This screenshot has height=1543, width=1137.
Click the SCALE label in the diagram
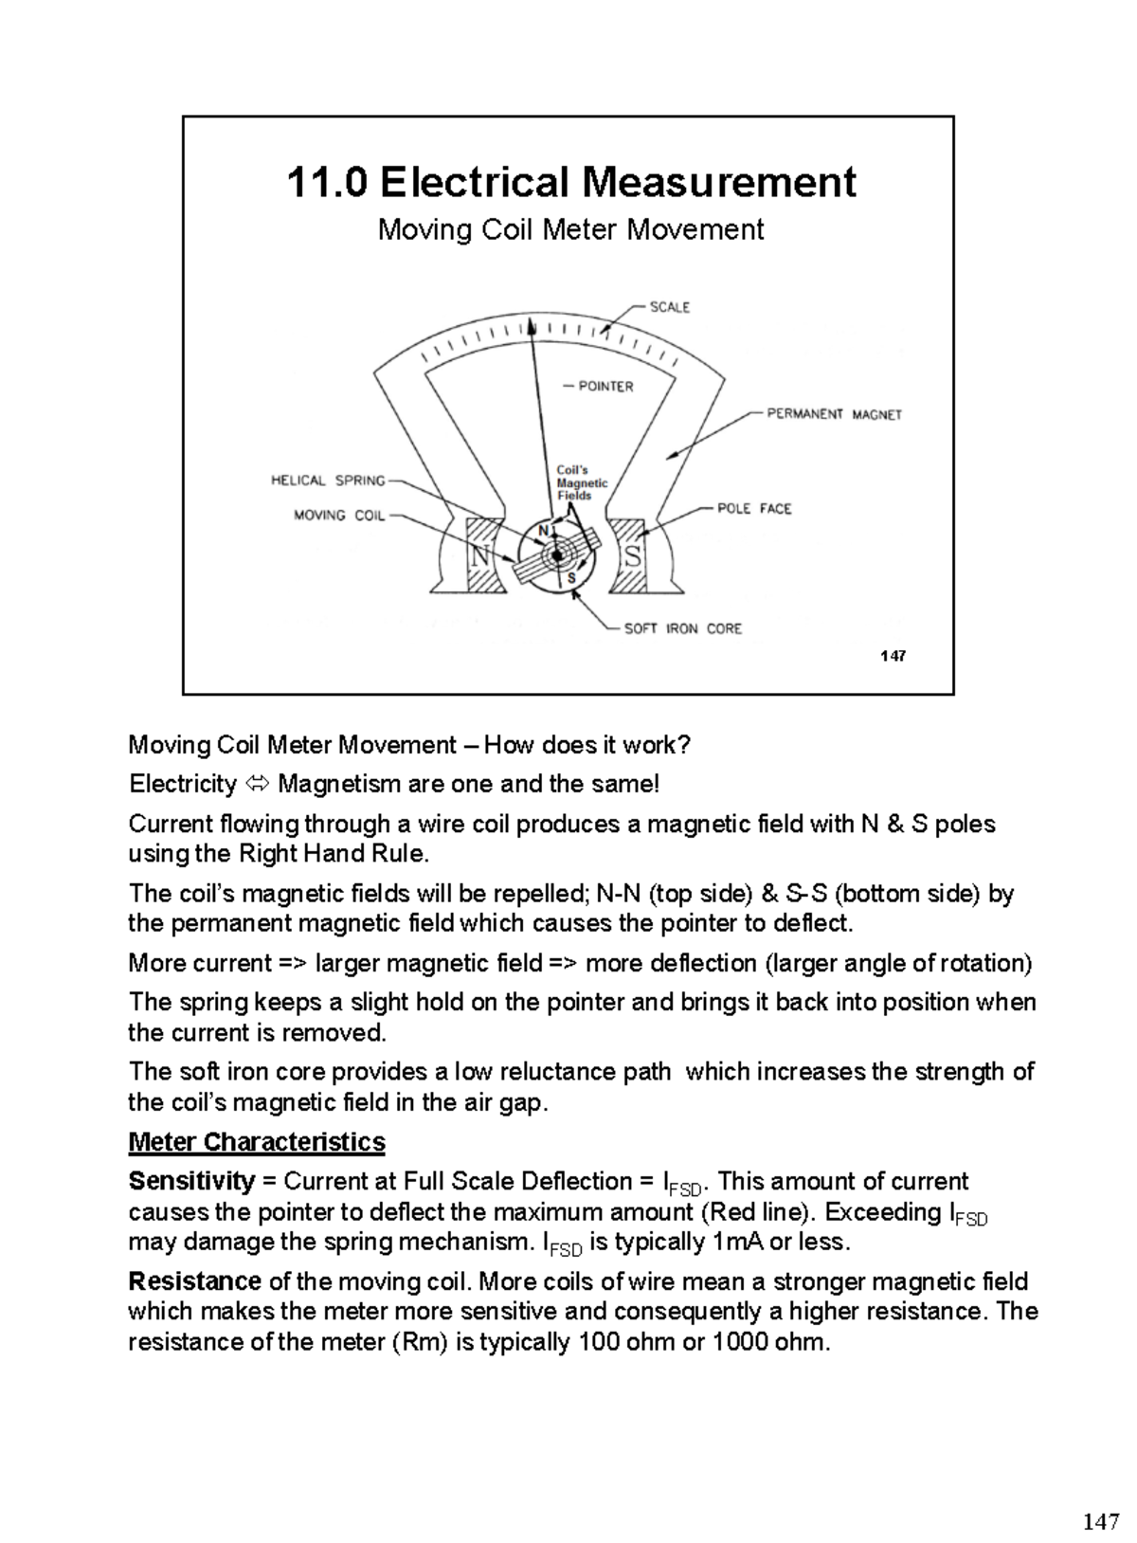(669, 307)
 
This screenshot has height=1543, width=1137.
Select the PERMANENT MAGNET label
(834, 414)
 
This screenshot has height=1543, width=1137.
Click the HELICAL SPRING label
(328, 481)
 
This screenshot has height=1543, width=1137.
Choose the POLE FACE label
(754, 509)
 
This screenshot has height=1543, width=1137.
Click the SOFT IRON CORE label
(682, 628)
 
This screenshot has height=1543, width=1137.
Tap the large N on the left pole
(481, 557)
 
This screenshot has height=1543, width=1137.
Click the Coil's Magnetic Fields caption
(581, 482)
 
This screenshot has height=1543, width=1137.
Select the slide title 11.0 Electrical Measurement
(570, 181)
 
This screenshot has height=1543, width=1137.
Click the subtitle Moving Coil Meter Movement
(570, 229)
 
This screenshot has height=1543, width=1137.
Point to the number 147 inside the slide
(893, 655)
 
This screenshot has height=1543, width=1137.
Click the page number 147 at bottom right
(1099, 1522)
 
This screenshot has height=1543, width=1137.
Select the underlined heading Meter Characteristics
(257, 1141)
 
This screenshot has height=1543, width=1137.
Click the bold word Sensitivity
(191, 1181)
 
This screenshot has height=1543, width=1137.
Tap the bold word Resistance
(194, 1281)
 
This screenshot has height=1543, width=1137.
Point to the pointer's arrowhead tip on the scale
(532, 324)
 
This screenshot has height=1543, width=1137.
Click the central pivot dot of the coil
(557, 556)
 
